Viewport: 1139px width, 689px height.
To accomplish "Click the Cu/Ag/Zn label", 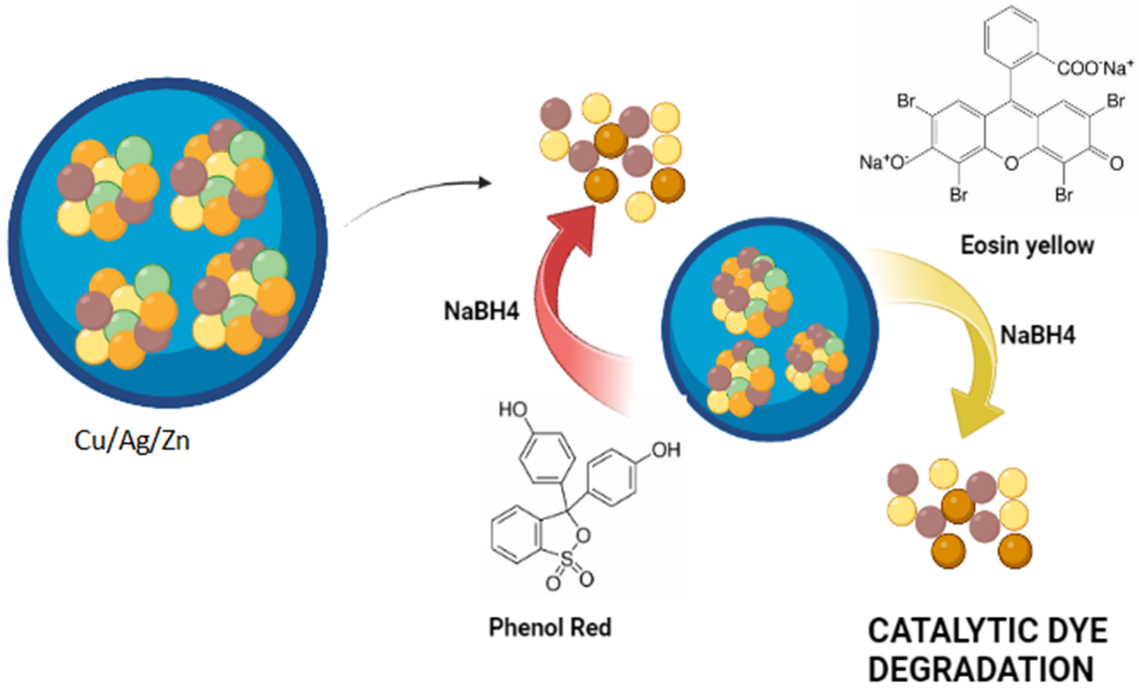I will [x=132, y=441].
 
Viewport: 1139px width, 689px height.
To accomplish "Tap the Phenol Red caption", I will [x=550, y=628].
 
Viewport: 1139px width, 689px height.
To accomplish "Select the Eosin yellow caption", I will [x=1027, y=245].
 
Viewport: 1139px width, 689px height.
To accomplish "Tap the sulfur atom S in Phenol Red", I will [x=567, y=561].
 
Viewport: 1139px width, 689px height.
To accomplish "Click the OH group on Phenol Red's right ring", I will [x=666, y=450].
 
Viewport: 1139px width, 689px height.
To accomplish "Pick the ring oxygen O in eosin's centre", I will [x=1011, y=163].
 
